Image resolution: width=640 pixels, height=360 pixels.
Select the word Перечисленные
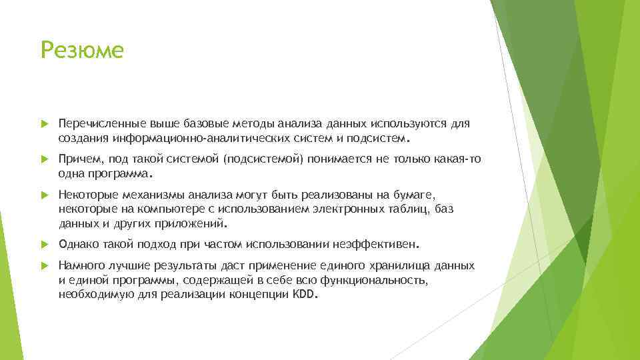95,123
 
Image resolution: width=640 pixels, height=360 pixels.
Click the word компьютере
153,209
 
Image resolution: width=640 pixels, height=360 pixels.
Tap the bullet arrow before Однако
45,243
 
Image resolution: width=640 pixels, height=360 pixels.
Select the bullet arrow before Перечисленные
45,124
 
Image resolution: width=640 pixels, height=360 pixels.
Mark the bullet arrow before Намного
45,266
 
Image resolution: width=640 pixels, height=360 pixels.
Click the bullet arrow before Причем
45,160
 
